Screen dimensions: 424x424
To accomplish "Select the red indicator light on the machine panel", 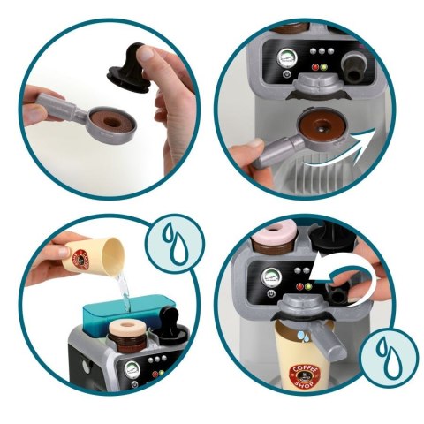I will [x=322, y=66].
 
